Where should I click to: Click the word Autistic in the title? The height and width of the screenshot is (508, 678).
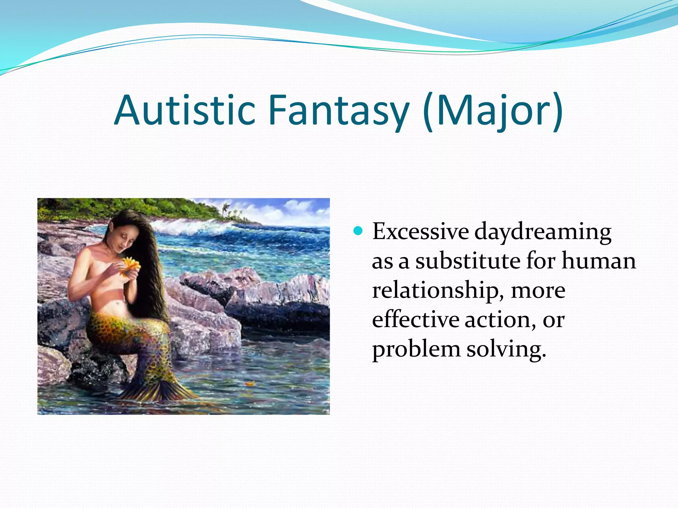coord(185,110)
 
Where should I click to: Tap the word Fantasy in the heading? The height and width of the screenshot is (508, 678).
coord(339,110)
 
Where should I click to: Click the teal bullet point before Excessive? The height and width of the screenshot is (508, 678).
coord(358,231)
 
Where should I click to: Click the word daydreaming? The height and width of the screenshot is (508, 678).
coord(543,233)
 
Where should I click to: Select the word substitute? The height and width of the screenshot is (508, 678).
coord(468,261)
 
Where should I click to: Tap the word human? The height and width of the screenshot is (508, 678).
coord(599,261)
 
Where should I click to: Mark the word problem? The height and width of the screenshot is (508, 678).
coord(416,349)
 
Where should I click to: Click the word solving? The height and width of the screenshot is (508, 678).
coord(506,349)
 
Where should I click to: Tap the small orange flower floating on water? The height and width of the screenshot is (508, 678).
coord(249,384)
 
